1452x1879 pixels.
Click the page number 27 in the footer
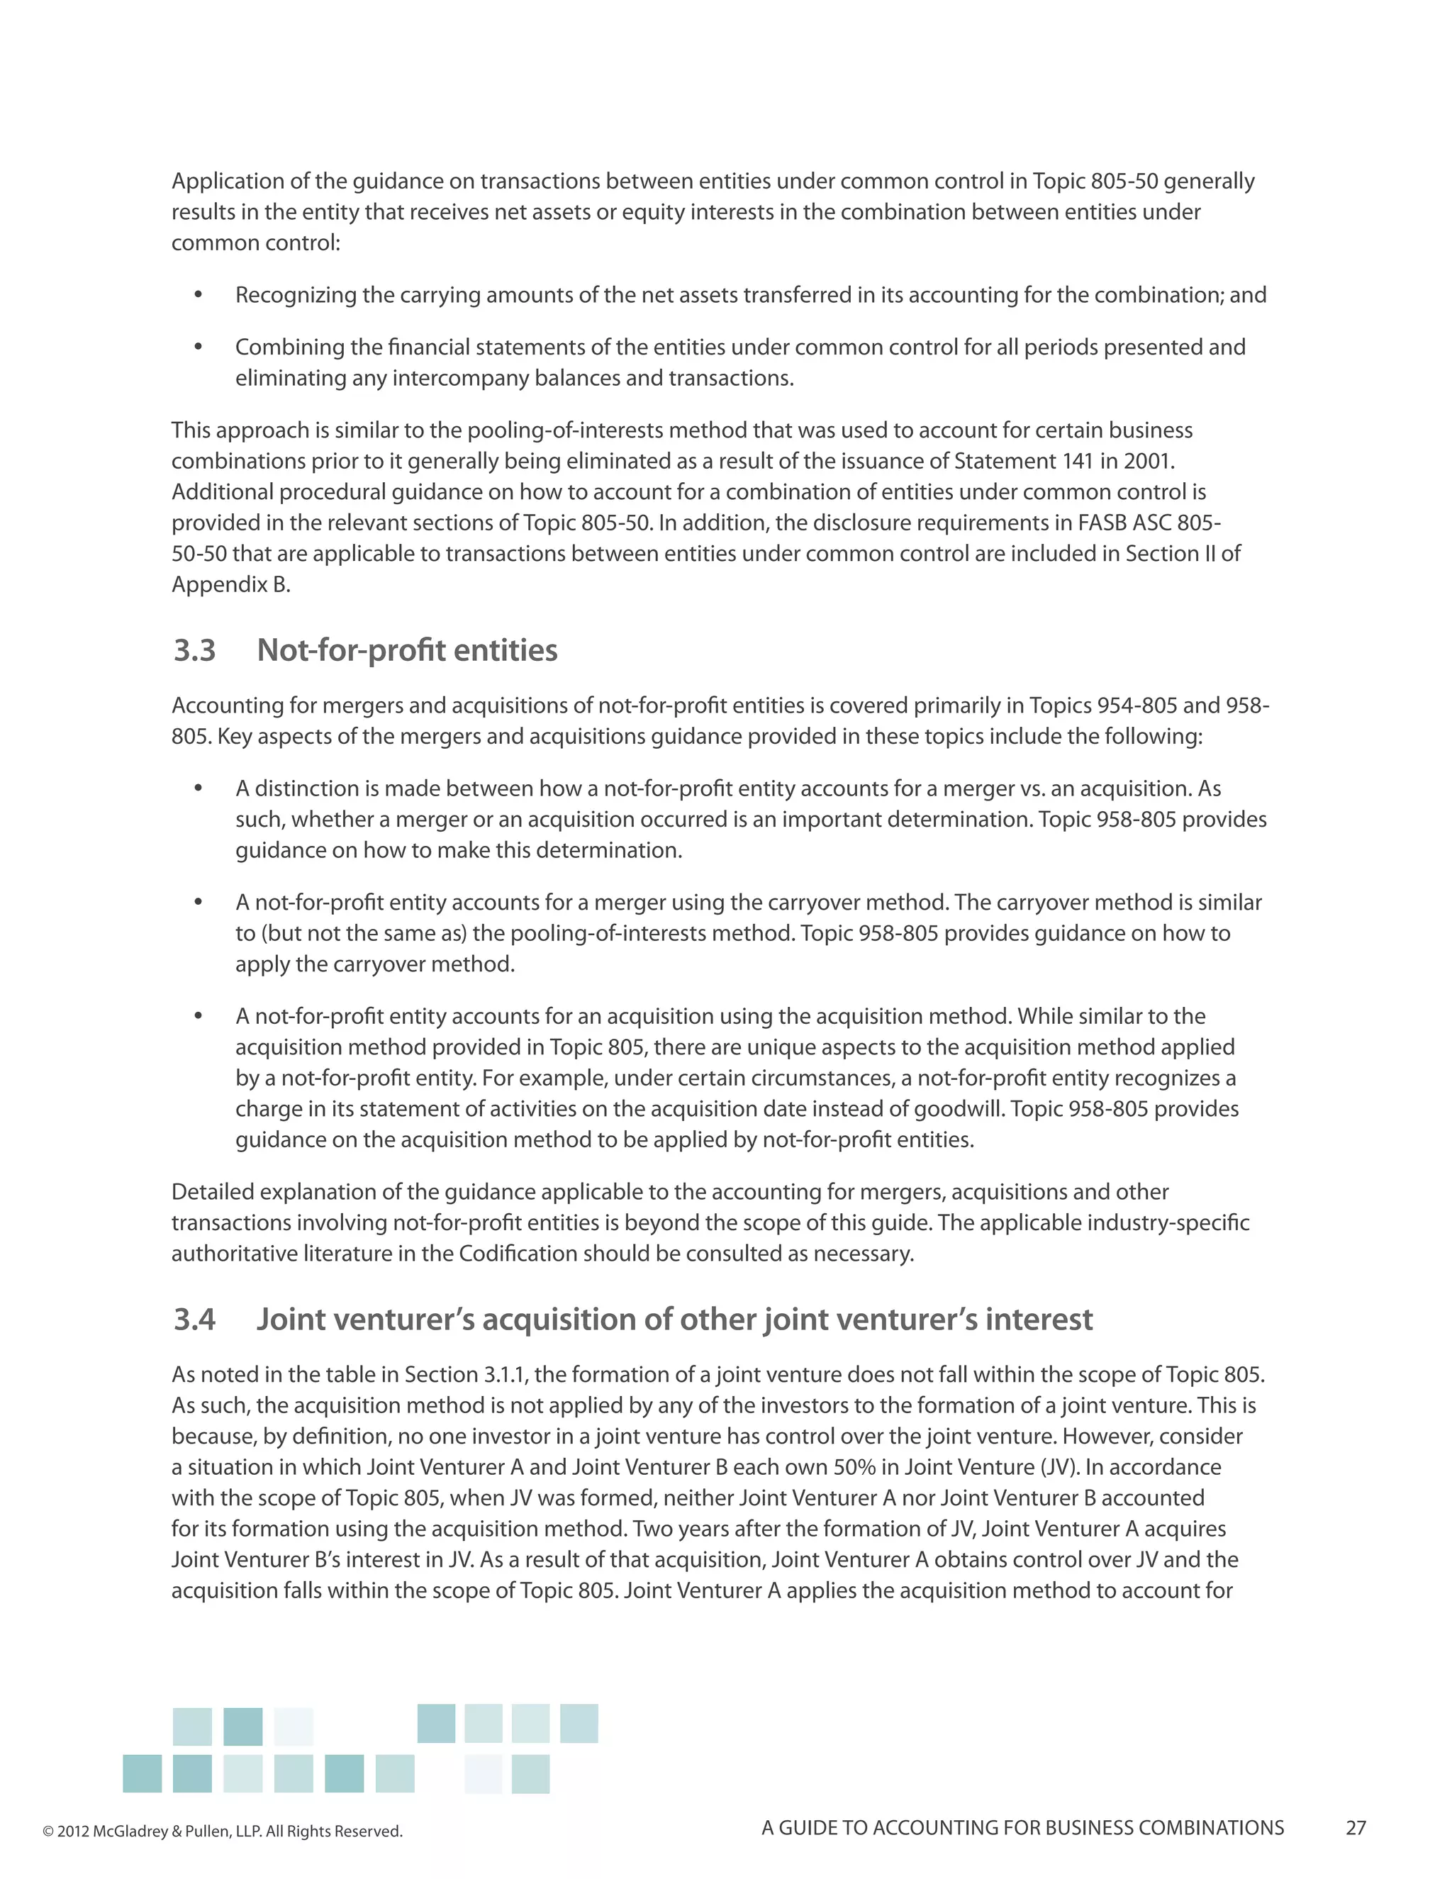[1356, 1827]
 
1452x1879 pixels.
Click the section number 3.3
[194, 650]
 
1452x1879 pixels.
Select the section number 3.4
[194, 1319]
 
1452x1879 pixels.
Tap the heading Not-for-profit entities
[407, 650]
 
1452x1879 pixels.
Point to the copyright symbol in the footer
[48, 1831]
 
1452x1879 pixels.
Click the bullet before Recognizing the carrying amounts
[198, 295]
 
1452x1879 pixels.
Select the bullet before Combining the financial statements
[198, 347]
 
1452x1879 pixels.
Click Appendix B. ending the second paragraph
[230, 585]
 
